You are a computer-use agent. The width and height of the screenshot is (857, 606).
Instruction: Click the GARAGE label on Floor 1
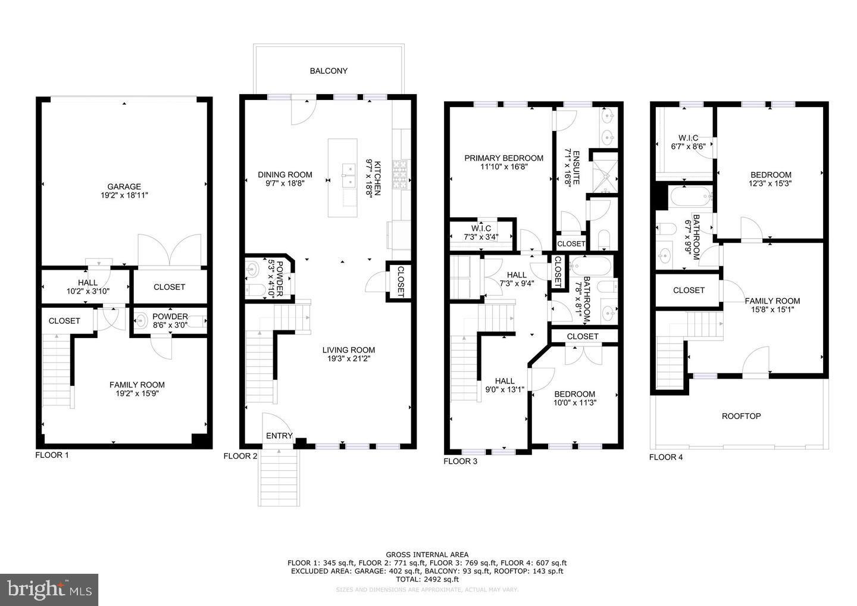pos(124,186)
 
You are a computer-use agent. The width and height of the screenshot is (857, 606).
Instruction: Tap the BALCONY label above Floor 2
pos(329,71)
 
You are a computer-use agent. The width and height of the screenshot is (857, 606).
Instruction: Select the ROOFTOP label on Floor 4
pos(741,416)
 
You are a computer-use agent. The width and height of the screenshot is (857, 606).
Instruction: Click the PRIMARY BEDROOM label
pos(503,158)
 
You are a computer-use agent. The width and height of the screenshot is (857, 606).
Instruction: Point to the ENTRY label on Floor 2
pos(279,436)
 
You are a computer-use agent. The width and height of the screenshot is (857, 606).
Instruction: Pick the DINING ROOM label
pos(284,174)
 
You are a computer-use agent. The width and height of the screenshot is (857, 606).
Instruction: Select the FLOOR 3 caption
pos(461,461)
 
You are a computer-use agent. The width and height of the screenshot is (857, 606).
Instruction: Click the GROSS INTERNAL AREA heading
pos(427,554)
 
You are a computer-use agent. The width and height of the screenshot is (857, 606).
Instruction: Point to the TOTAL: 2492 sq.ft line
pos(427,579)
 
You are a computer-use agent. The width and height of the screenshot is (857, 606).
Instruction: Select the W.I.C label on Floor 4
pos(688,138)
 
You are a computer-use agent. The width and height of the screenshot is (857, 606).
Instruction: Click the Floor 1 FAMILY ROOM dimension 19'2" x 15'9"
pos(137,393)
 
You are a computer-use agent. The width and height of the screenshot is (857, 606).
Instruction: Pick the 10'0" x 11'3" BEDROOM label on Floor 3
pos(574,394)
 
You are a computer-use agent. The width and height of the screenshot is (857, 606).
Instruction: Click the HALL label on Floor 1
pos(87,283)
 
